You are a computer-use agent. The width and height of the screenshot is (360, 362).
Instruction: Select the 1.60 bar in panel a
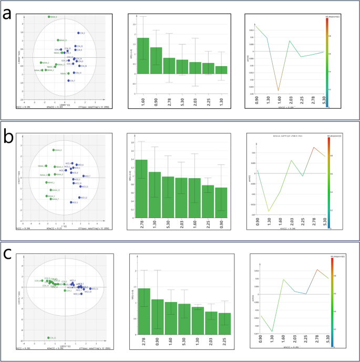click(143, 56)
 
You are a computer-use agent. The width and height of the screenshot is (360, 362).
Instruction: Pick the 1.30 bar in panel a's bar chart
click(221, 70)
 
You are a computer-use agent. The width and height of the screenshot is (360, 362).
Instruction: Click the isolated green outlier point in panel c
click(48, 338)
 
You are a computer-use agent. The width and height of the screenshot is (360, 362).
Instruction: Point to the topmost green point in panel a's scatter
click(49, 17)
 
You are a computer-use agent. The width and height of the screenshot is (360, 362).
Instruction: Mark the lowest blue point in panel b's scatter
click(71, 202)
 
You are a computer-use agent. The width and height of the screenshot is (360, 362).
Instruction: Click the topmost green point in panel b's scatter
click(53, 150)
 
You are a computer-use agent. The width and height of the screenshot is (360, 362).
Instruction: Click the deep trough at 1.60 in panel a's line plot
click(279, 91)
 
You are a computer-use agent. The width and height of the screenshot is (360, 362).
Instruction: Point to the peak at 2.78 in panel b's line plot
click(314, 147)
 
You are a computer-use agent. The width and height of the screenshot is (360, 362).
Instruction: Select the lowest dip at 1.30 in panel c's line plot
click(272, 332)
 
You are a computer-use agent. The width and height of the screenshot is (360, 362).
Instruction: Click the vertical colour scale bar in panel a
click(329, 63)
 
